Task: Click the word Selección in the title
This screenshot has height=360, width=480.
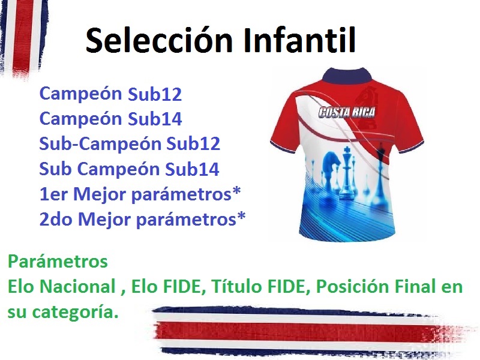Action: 159,40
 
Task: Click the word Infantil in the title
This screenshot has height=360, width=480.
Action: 299,40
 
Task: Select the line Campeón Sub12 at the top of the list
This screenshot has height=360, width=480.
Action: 110,94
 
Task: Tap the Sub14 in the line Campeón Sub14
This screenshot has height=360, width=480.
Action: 155,119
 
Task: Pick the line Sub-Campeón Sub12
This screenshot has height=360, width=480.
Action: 130,143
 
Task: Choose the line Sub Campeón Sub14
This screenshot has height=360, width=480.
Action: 129,169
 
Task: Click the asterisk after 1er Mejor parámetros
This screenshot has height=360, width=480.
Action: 236,191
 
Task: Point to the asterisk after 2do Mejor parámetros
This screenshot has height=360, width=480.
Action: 241,217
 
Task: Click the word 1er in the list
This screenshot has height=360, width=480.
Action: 53,194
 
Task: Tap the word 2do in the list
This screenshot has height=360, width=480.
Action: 56,220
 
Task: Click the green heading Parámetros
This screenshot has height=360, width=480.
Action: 58,262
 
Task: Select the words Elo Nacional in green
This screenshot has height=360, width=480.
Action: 62,287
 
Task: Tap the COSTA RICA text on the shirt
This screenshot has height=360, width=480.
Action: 347,112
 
